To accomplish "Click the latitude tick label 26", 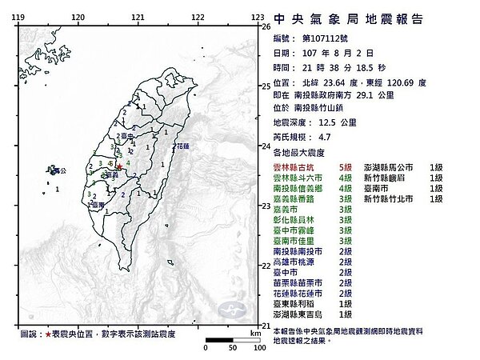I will [266, 27].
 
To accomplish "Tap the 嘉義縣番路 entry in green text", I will [294, 199].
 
